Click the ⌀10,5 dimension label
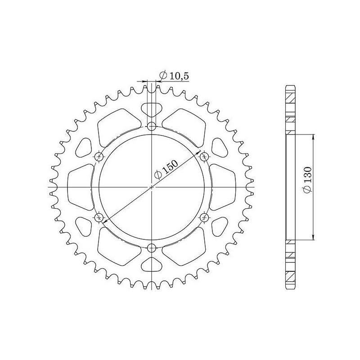(174, 76)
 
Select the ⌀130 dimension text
(306, 184)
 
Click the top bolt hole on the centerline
(152, 126)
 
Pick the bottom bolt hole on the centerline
(152, 247)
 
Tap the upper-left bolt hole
(99, 156)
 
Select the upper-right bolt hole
(205, 156)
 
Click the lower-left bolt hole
(99, 217)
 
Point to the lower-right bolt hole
(205, 217)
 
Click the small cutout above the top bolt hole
(152, 109)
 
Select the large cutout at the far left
(80, 187)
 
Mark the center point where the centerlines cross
(152, 187)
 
